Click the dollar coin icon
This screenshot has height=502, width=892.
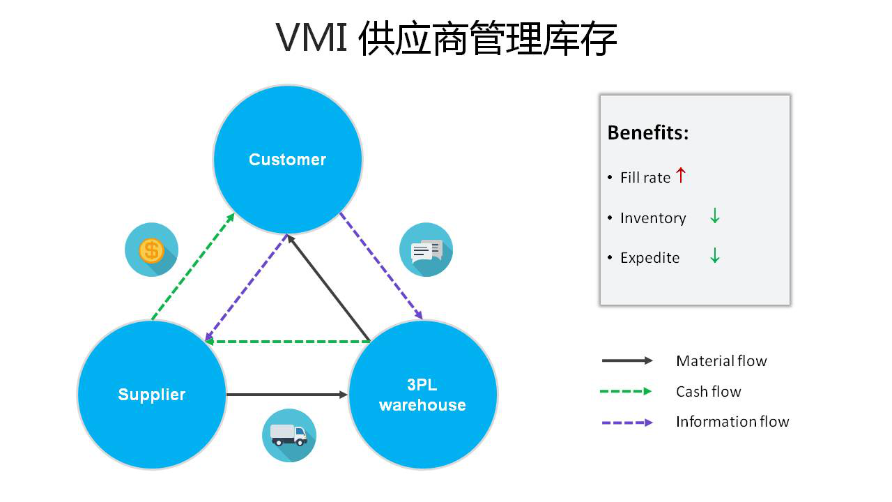[x=151, y=250]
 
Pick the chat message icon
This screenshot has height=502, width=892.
[x=426, y=250]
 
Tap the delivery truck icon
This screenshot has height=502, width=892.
[x=289, y=435]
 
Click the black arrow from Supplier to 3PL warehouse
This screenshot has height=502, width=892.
[x=286, y=395]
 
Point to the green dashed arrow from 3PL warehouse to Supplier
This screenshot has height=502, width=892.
[x=287, y=342]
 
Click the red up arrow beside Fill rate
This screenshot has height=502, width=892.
[x=681, y=176]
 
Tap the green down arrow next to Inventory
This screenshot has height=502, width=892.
[x=714, y=217]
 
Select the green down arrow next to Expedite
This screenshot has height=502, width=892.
[x=714, y=257]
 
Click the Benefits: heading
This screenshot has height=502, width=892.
[x=647, y=132]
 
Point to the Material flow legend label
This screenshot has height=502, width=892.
[x=721, y=361]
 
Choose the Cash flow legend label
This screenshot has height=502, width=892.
[x=708, y=392]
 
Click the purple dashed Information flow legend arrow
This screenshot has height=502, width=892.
[x=626, y=422]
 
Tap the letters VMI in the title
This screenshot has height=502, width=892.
[x=312, y=38]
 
